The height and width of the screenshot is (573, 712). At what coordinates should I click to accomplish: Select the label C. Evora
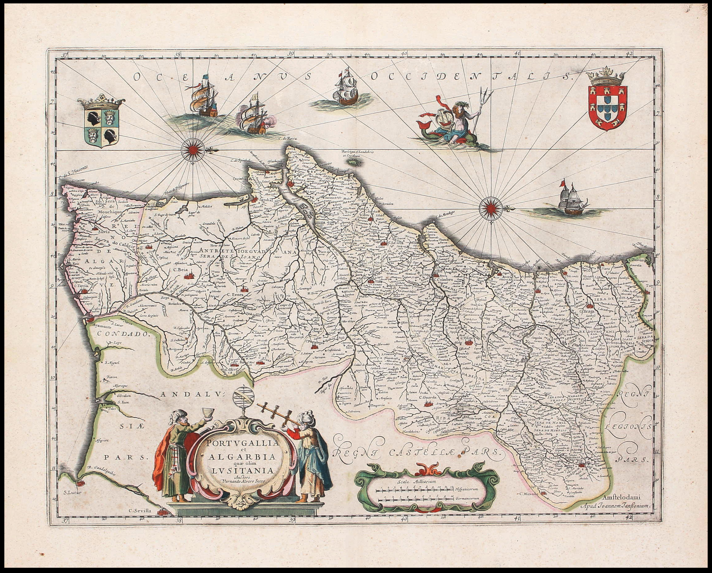[x=235, y=295]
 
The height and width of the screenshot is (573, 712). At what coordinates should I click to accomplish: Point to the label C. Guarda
[x=428, y=398]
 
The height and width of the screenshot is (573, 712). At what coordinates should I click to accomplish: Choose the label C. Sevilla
[x=140, y=511]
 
